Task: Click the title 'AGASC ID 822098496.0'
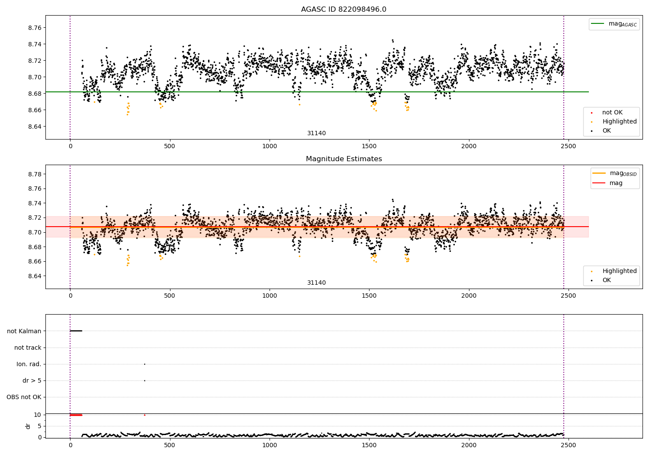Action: click(344, 9)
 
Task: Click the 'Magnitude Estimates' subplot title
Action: click(344, 159)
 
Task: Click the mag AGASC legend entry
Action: click(614, 24)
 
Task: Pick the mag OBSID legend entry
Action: click(614, 173)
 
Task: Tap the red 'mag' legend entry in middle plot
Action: click(607, 183)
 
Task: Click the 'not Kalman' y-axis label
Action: click(24, 331)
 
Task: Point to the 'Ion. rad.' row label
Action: click(29, 364)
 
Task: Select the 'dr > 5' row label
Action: click(32, 380)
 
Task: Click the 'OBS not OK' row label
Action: click(24, 397)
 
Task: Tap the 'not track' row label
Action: click(28, 348)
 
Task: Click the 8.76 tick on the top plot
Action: click(35, 28)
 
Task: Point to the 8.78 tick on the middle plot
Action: click(35, 174)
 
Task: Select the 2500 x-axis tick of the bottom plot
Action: click(569, 445)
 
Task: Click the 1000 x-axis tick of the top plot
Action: click(270, 146)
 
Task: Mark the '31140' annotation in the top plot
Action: click(316, 133)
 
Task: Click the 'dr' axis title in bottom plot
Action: click(28, 426)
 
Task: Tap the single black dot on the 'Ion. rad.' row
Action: click(145, 364)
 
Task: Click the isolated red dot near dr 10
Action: click(145, 415)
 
